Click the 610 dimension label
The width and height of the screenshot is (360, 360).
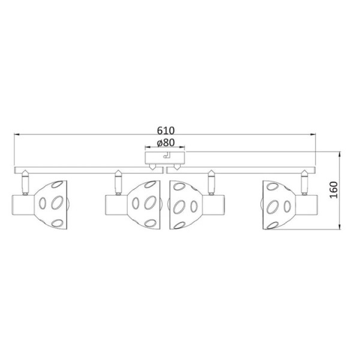coord(166,130)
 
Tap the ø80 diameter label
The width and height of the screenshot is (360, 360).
coord(166,143)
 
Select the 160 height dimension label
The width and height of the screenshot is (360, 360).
coord(334,190)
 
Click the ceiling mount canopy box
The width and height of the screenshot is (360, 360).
coord(165,158)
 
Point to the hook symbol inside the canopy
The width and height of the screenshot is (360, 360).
coord(166,155)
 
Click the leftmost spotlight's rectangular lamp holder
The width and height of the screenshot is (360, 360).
coord(23,205)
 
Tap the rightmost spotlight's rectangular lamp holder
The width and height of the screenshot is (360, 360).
coord(307,205)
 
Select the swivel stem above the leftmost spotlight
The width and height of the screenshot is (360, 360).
coord(25,183)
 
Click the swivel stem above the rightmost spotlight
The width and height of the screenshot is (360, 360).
coord(304,183)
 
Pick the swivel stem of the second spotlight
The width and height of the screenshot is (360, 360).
coord(118,183)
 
